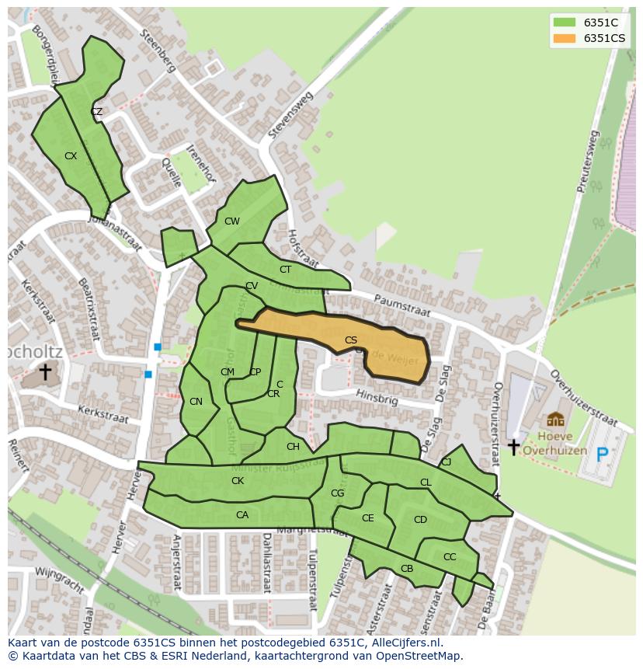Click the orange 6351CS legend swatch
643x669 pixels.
tap(565, 38)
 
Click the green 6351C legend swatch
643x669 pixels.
tap(565, 22)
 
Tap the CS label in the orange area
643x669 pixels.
tap(351, 340)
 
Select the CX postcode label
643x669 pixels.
tap(71, 156)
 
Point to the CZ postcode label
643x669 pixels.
tap(96, 112)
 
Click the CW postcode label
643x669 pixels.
tap(231, 221)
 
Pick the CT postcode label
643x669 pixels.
tap(285, 270)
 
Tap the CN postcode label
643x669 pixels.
tap(196, 402)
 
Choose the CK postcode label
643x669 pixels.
tap(238, 481)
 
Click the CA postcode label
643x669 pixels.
tap(242, 515)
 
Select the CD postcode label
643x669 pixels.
tap(420, 520)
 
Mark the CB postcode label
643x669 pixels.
tap(407, 569)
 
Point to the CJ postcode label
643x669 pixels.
tap(446, 462)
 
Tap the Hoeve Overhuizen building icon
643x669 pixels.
tap(555, 420)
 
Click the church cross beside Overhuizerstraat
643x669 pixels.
tap(513, 447)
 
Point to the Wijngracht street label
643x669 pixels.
tap(59, 582)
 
